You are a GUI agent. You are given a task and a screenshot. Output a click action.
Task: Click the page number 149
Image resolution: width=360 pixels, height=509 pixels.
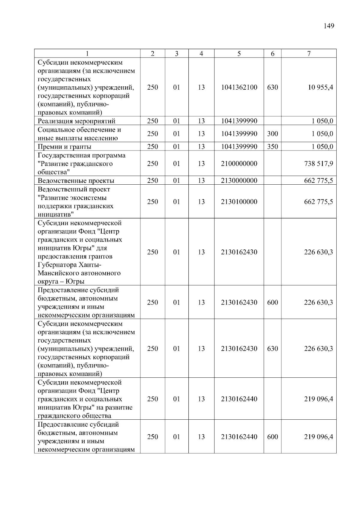[x=329, y=26]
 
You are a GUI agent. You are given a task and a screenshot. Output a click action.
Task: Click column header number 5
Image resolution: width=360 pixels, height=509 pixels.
[x=239, y=54]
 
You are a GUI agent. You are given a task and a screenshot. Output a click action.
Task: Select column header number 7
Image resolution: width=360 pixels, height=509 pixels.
[x=309, y=54]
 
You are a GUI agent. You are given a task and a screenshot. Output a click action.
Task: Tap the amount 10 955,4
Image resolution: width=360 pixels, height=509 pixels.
[x=319, y=88]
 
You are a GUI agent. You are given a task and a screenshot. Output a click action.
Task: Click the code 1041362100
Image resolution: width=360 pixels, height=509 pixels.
[x=239, y=88]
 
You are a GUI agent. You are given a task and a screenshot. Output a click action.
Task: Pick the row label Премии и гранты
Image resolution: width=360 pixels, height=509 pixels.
[x=64, y=147]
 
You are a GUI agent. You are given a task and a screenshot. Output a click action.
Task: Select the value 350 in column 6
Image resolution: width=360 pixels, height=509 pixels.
[x=272, y=147]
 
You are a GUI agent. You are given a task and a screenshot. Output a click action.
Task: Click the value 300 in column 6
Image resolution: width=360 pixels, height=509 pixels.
[x=272, y=134]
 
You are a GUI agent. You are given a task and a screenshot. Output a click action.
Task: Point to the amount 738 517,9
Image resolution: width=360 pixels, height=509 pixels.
[x=318, y=164]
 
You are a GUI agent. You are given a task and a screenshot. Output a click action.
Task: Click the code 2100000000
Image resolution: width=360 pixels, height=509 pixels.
[x=239, y=164]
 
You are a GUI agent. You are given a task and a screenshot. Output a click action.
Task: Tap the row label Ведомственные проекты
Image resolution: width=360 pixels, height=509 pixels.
[x=76, y=180]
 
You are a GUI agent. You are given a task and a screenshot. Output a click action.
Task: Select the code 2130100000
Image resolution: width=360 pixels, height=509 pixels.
[x=239, y=202]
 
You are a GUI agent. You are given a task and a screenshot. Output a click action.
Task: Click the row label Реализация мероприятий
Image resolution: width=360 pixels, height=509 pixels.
[x=76, y=121]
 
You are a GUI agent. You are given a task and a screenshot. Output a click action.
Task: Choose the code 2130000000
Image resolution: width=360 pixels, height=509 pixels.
[x=239, y=180]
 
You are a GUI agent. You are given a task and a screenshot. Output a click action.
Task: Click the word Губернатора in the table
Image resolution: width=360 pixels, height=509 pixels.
[x=57, y=265]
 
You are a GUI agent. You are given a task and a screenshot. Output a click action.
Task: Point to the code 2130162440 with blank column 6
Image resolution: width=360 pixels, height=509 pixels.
[x=239, y=399]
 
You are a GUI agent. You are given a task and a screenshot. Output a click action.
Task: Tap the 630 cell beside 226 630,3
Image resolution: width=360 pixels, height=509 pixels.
[x=272, y=349]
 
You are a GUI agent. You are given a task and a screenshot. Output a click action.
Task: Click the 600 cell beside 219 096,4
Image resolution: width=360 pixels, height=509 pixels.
[x=272, y=437]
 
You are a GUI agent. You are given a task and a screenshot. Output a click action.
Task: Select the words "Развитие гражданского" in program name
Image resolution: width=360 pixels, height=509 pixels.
[x=75, y=164]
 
